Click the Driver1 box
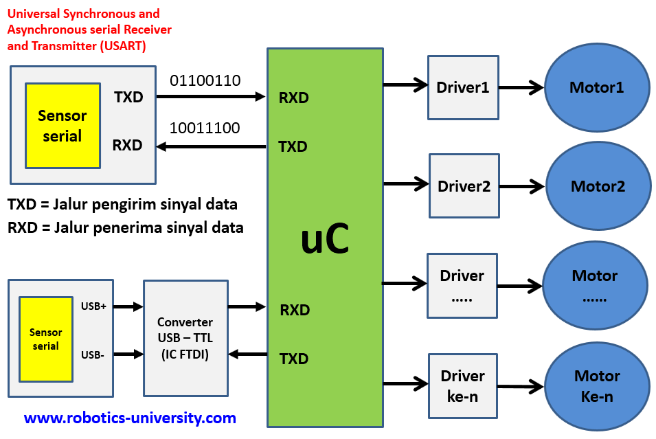pyautogui.click(x=462, y=87)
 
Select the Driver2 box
pyautogui.click(x=464, y=185)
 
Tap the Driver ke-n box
pyautogui.click(x=462, y=385)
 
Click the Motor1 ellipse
pyautogui.click(x=596, y=88)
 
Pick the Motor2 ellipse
pyautogui.click(x=598, y=186)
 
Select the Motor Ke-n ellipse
pyautogui.click(x=596, y=386)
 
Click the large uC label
pyautogui.click(x=325, y=239)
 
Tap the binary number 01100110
pyautogui.click(x=205, y=80)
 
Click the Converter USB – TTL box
pyautogui.click(x=185, y=338)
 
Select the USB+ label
pyautogui.click(x=93, y=306)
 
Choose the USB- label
pyautogui.click(x=92, y=354)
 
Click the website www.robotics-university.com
pyautogui.click(x=130, y=418)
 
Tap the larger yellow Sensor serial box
pyautogui.click(x=63, y=126)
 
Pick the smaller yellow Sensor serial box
pyautogui.click(x=45, y=339)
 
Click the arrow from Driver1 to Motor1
pyautogui.click(x=521, y=88)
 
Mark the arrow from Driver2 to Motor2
pyautogui.click(x=522, y=186)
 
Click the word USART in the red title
pyautogui.click(x=126, y=46)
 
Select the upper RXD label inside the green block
pyautogui.click(x=294, y=98)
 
